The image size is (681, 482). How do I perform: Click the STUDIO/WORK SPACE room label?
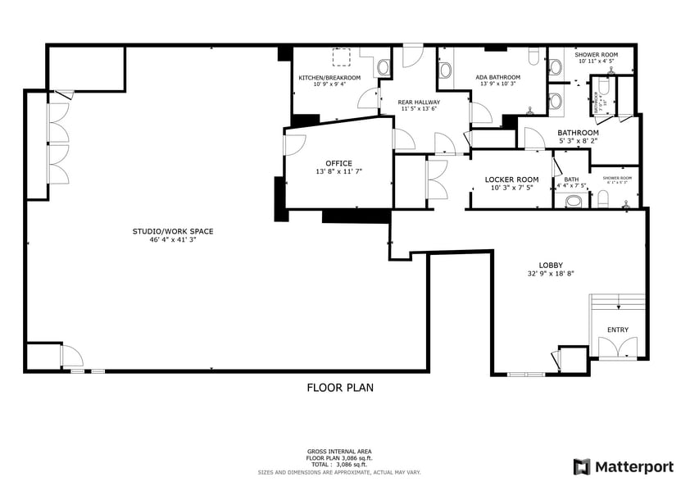coord(166,231)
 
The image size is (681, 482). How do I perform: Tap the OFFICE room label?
coord(338,163)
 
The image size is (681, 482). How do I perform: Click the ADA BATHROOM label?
coord(498,78)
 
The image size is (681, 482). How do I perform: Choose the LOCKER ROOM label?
coord(511,180)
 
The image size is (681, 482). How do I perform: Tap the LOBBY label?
coord(550,265)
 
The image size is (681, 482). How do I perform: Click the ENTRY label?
coord(618,330)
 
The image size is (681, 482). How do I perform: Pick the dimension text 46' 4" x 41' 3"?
coord(166,239)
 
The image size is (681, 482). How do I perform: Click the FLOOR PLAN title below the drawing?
coord(340,388)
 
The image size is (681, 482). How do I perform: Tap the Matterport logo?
coord(623,466)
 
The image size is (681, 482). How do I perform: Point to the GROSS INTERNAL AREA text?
coord(340,452)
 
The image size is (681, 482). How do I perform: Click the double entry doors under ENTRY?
coord(618,348)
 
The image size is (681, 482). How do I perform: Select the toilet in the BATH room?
coord(575,200)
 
